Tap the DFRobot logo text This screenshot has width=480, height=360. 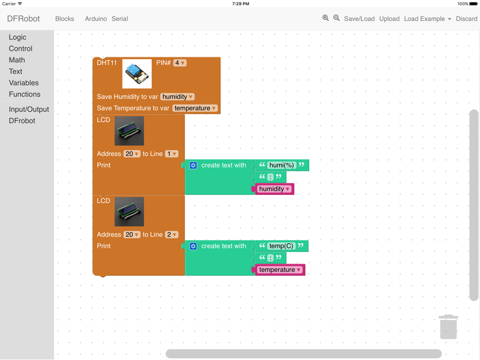(24, 19)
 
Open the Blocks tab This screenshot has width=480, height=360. (65, 19)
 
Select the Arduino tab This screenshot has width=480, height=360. (96, 19)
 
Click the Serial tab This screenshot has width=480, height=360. (120, 19)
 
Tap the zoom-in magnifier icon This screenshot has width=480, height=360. (325, 18)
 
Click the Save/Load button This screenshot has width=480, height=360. (359, 19)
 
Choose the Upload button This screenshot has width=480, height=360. (389, 19)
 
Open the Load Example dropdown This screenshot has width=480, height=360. (427, 19)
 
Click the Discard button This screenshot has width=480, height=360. (467, 19)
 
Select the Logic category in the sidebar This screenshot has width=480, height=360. (18, 37)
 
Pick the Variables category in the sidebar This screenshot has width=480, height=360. (24, 83)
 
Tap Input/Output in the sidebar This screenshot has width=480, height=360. (29, 109)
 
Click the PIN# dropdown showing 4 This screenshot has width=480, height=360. (180, 63)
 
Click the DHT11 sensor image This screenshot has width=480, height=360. (137, 73)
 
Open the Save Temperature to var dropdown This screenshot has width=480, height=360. (195, 108)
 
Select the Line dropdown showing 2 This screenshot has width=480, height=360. (172, 235)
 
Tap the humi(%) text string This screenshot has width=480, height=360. (282, 165)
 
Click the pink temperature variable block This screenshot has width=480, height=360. (280, 270)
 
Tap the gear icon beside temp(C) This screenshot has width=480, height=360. (193, 246)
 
